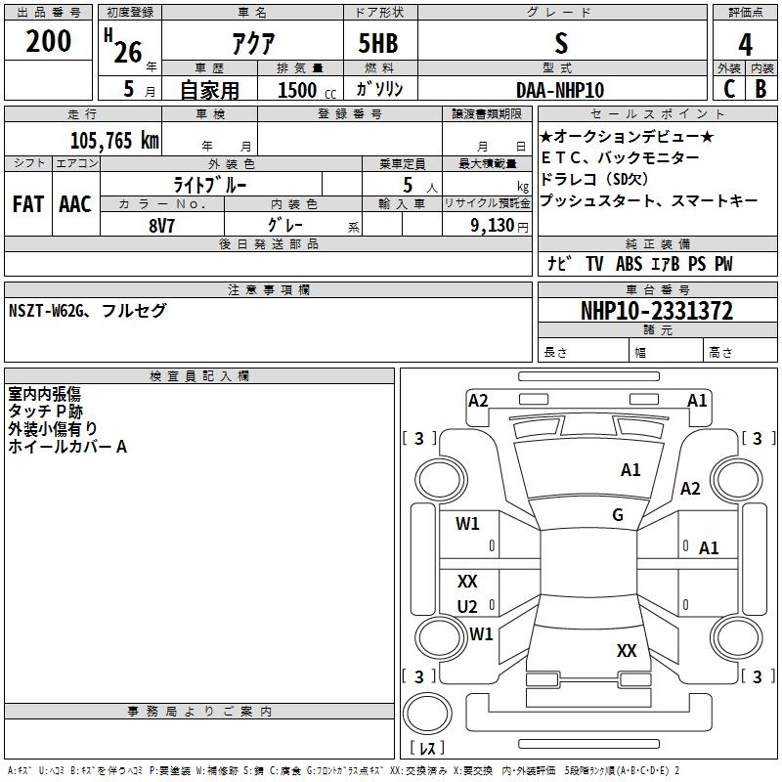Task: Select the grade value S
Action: click(x=560, y=42)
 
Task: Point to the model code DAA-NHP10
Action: click(x=560, y=89)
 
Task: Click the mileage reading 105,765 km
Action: click(x=114, y=140)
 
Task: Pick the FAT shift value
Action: click(x=27, y=204)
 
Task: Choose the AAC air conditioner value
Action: click(x=74, y=204)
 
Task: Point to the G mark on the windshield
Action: click(x=618, y=515)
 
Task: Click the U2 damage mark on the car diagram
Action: click(x=467, y=606)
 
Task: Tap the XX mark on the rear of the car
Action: click(x=627, y=650)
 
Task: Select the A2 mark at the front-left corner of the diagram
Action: click(x=478, y=400)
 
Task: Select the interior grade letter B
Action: click(x=760, y=88)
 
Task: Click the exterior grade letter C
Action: click(x=728, y=88)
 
